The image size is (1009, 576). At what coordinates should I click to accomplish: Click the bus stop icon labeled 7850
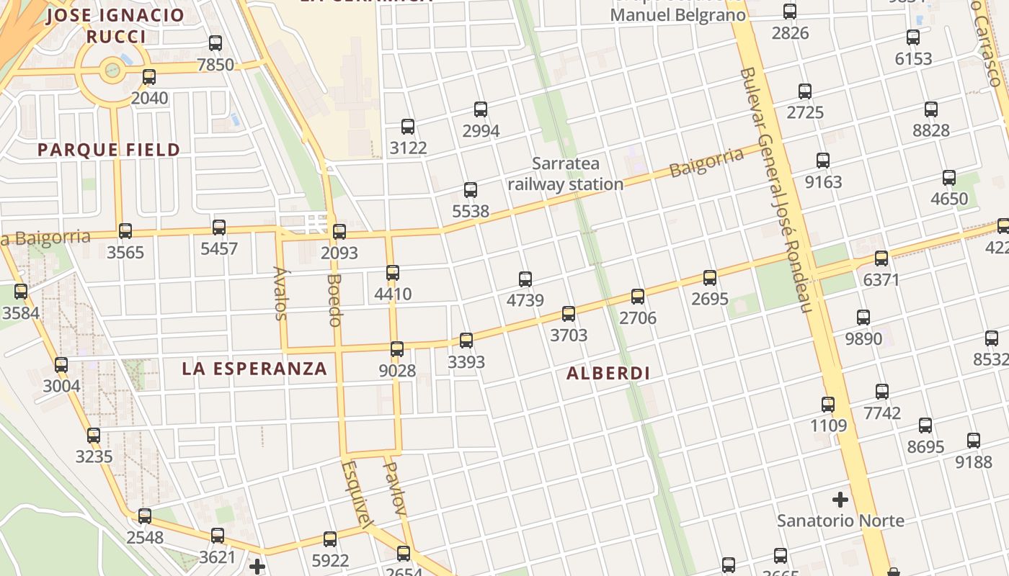click(215, 43)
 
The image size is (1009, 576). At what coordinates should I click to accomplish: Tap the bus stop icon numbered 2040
click(149, 76)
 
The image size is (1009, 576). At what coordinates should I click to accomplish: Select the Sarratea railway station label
click(566, 174)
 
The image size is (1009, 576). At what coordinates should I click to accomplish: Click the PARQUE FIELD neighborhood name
click(109, 150)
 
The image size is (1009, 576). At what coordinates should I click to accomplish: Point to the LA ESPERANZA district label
click(254, 369)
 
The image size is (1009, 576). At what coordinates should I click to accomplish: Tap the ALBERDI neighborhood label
click(608, 373)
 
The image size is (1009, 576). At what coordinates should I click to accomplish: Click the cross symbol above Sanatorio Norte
click(840, 499)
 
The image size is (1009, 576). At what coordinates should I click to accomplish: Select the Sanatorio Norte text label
click(840, 520)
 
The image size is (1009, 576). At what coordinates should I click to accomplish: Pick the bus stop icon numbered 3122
click(408, 127)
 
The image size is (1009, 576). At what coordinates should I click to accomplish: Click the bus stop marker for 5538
click(471, 190)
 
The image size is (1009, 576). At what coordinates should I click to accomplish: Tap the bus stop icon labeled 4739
click(525, 279)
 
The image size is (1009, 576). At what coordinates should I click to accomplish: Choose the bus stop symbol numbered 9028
click(397, 349)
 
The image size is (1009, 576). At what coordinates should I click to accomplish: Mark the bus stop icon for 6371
click(881, 258)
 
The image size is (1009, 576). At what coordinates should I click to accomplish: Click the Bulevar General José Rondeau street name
click(777, 191)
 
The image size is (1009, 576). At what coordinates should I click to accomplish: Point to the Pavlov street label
click(394, 488)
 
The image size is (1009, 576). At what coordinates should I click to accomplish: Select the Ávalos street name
click(280, 293)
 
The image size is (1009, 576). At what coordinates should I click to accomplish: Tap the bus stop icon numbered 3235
click(94, 436)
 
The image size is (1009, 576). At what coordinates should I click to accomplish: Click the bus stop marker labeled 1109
click(828, 405)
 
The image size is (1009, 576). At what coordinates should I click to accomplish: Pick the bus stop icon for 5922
click(330, 539)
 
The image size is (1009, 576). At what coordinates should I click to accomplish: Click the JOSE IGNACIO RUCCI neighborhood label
click(115, 26)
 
